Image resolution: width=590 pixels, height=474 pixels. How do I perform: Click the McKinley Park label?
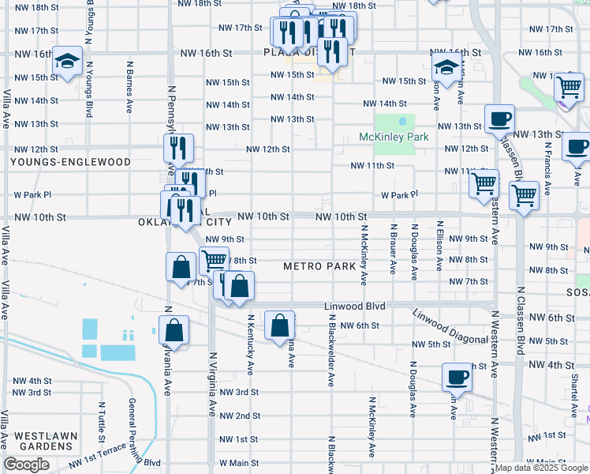(x=394, y=137)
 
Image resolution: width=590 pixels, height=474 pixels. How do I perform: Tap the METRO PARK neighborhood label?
(x=320, y=266)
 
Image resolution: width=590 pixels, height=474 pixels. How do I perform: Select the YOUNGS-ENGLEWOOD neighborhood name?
(x=70, y=162)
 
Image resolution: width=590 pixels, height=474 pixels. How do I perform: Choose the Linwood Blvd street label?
(x=354, y=306)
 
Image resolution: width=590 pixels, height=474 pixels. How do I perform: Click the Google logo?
(x=26, y=465)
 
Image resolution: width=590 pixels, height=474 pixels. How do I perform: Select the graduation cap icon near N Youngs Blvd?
(x=68, y=60)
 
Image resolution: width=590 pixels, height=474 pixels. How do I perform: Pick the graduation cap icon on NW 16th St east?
(x=446, y=67)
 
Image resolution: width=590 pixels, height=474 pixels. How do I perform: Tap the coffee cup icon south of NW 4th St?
(x=456, y=377)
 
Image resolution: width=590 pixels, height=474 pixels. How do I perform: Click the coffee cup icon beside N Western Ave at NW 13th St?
(x=499, y=119)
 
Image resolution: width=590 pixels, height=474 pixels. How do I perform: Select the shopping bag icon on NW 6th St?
(x=279, y=325)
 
